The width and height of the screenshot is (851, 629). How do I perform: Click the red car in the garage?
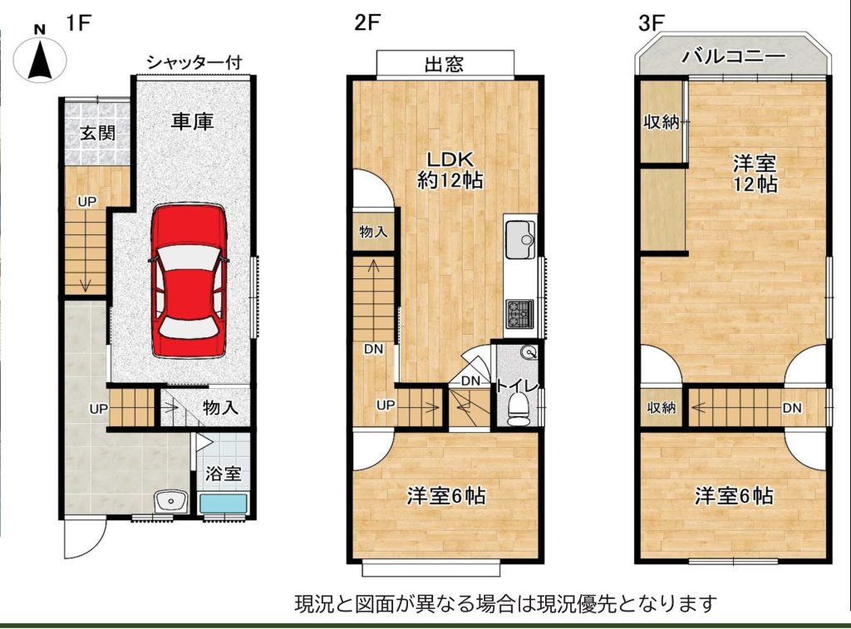coord(189,280)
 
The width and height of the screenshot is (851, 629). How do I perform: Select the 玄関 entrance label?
coord(98,132)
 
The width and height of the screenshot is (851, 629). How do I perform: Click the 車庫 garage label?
coord(192,121)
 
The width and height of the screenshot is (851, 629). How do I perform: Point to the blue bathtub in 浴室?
coord(223,503)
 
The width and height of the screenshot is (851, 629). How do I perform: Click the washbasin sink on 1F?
coord(170,502)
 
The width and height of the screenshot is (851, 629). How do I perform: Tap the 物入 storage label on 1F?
coord(220,407)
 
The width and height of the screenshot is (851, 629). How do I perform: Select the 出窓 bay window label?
coord(444,65)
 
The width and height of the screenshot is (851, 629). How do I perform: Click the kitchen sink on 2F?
coord(520,239)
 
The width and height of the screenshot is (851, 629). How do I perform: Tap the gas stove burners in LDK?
coord(520,314)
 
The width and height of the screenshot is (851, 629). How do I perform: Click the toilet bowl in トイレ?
coord(519,409)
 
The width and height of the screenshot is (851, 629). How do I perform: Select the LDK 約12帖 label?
coord(450,170)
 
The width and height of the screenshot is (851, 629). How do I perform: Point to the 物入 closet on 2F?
coord(373,231)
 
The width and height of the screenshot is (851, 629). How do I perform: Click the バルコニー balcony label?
coord(733,56)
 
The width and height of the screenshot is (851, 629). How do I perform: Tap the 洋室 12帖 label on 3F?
coord(755,174)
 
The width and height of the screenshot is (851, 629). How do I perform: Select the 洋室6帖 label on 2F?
coord(446,495)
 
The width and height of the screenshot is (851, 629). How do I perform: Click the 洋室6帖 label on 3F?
coord(734,495)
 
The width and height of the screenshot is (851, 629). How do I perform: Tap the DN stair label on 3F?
coord(792,407)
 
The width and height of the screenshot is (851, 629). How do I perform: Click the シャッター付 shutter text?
coord(194,62)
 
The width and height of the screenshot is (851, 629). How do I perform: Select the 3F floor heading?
coord(652,22)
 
